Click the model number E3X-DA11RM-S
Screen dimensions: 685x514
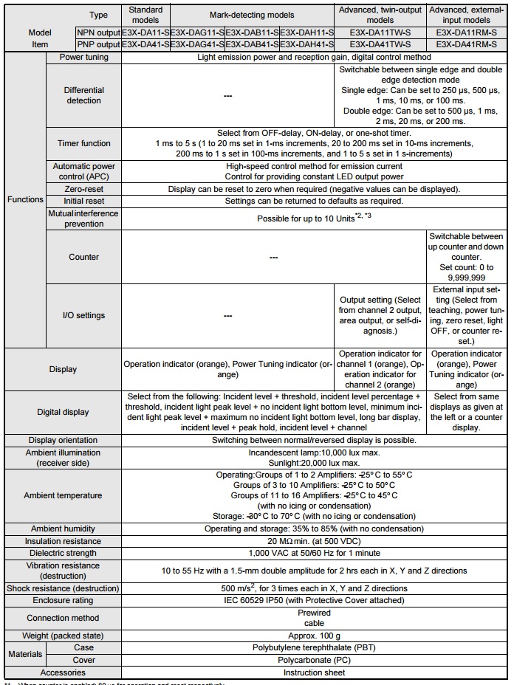[x=465, y=33]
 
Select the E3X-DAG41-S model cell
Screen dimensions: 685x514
[x=197, y=44]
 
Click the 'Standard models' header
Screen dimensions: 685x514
[x=145, y=15]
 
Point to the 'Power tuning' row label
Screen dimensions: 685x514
[x=83, y=57]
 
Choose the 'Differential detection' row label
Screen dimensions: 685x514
[x=83, y=94]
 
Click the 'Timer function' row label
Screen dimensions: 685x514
[x=83, y=143]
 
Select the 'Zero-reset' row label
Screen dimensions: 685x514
[x=83, y=189]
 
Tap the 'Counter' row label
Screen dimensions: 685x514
[x=83, y=257]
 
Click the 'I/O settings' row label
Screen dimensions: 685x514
[x=83, y=315]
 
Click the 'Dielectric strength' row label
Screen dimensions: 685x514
[x=62, y=553]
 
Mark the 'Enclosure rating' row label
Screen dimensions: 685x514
[x=62, y=601]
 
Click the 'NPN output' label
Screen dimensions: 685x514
[x=97, y=33]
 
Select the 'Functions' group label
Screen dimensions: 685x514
[x=24, y=199]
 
